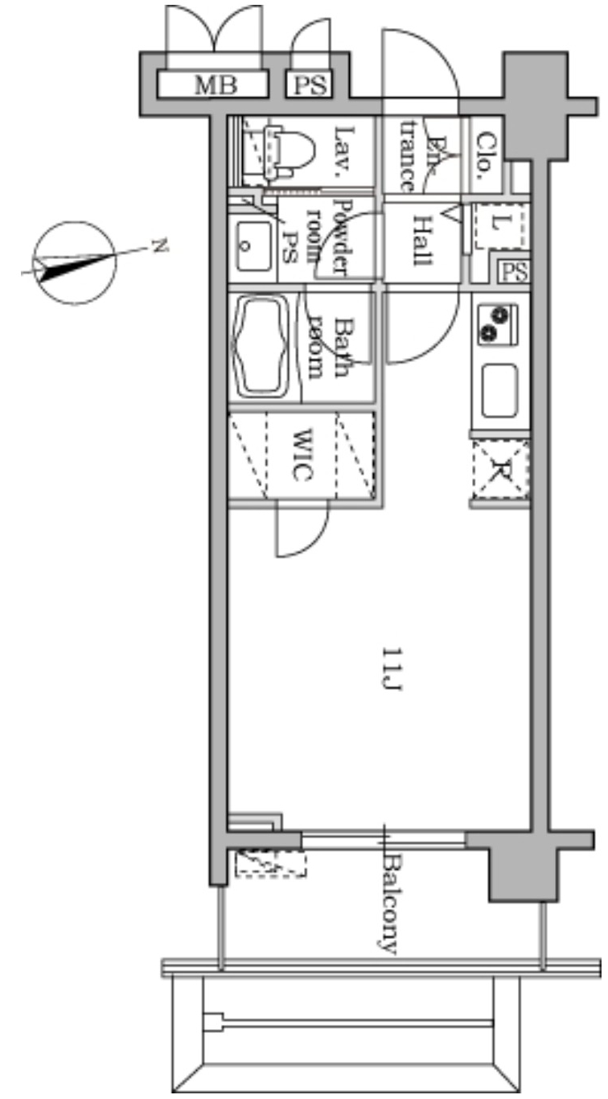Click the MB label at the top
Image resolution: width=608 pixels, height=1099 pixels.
coord(216,84)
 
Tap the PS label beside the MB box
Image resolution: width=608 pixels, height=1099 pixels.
coord(310,84)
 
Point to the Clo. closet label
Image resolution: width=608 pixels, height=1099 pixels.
coord(486,151)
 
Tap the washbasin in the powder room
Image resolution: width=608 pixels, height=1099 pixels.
coord(253,245)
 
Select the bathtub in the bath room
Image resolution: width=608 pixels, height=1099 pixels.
coord(261,346)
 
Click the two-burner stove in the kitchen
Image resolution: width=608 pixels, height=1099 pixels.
coord(497,323)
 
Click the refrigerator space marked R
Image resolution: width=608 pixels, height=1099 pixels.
coord(500,470)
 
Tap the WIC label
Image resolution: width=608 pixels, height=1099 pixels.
coord(302,455)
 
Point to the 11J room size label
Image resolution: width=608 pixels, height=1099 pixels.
coord(392,669)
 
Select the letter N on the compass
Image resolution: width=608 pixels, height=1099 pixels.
coord(158,245)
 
